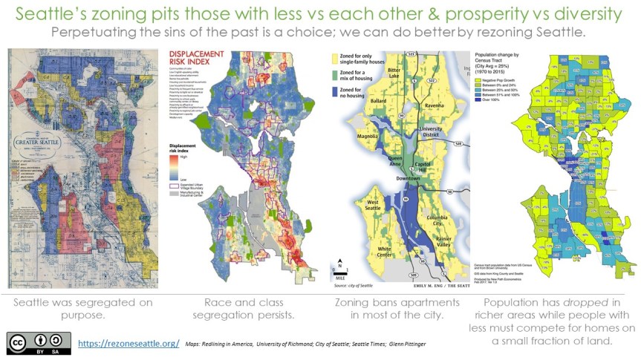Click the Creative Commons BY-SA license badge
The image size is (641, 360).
coord(39,343)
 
